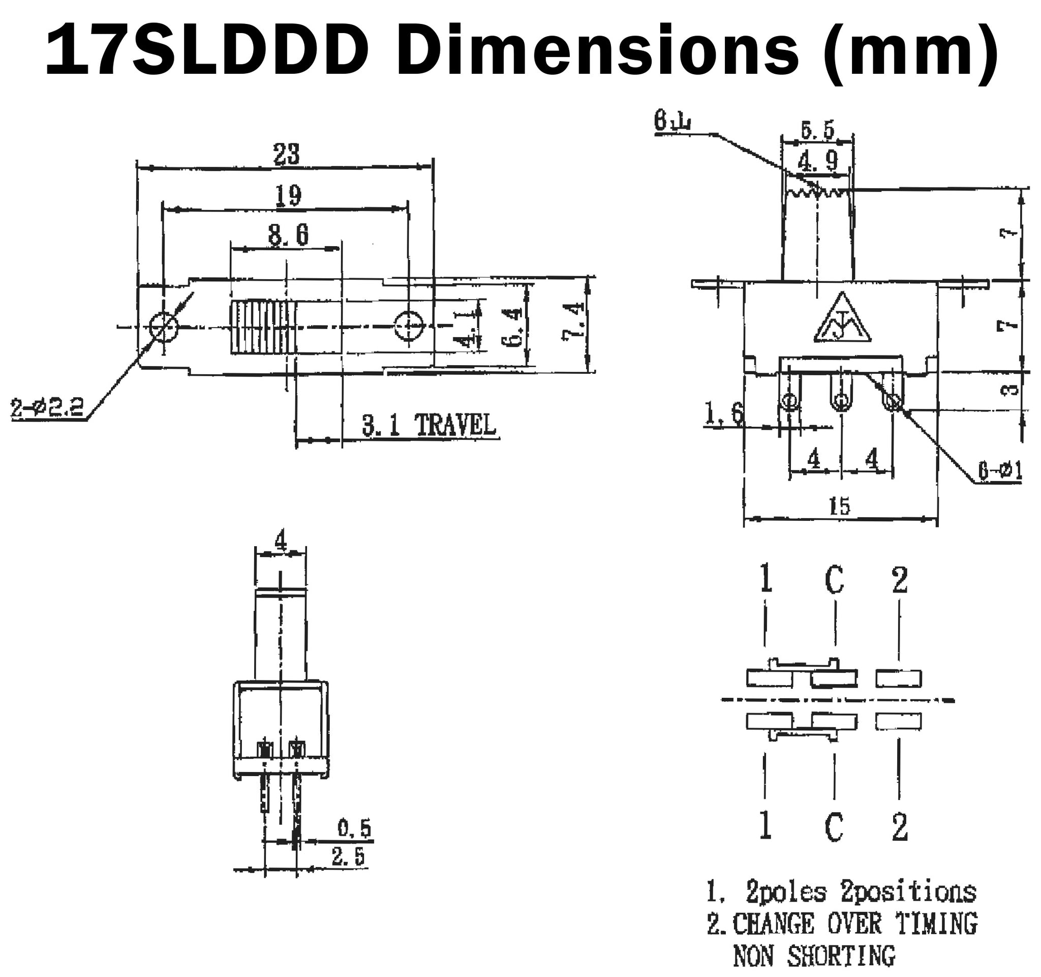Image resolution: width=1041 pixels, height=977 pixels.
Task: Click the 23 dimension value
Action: [x=287, y=154]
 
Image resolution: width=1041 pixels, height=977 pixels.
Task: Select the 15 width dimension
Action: [x=839, y=506]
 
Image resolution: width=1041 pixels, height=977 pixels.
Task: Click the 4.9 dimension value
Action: [x=818, y=161]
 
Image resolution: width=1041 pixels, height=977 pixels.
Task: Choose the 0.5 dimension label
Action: [x=354, y=828]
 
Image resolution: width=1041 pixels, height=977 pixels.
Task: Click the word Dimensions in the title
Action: [x=602, y=51]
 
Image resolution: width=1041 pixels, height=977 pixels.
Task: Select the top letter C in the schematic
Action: [x=834, y=580]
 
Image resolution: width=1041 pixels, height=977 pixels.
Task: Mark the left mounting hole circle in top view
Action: [x=164, y=326]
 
